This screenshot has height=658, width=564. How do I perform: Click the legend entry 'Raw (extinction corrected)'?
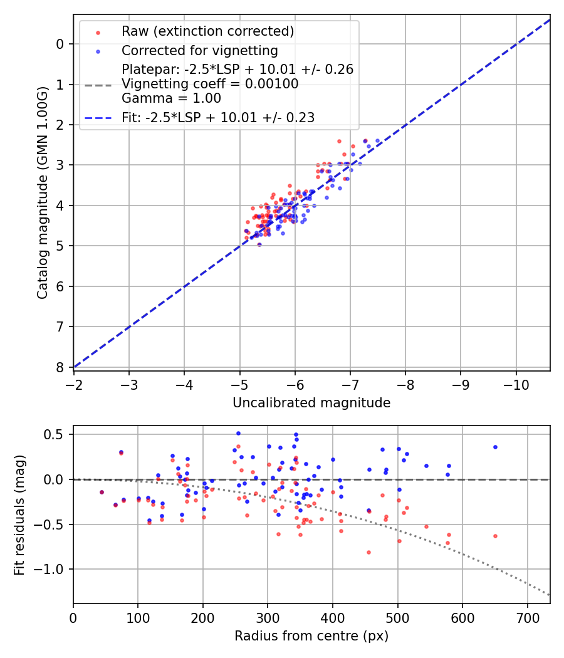[207, 31]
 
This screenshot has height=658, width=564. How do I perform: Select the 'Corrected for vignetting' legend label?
[200, 50]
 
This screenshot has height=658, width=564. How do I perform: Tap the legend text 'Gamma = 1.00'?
[171, 98]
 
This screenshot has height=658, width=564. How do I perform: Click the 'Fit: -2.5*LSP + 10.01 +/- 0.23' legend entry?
[217, 117]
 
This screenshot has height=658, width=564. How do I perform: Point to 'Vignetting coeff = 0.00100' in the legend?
[210, 84]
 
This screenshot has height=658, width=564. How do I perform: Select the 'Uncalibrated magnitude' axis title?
[311, 403]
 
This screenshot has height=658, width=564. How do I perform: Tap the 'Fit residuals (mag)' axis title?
[19, 514]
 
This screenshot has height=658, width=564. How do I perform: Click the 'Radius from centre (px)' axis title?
[311, 636]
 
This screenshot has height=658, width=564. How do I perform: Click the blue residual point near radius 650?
[495, 447]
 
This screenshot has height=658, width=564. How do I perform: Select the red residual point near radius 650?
[495, 536]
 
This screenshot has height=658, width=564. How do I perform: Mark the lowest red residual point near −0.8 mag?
[368, 552]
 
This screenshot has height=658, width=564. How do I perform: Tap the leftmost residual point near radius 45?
[102, 492]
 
